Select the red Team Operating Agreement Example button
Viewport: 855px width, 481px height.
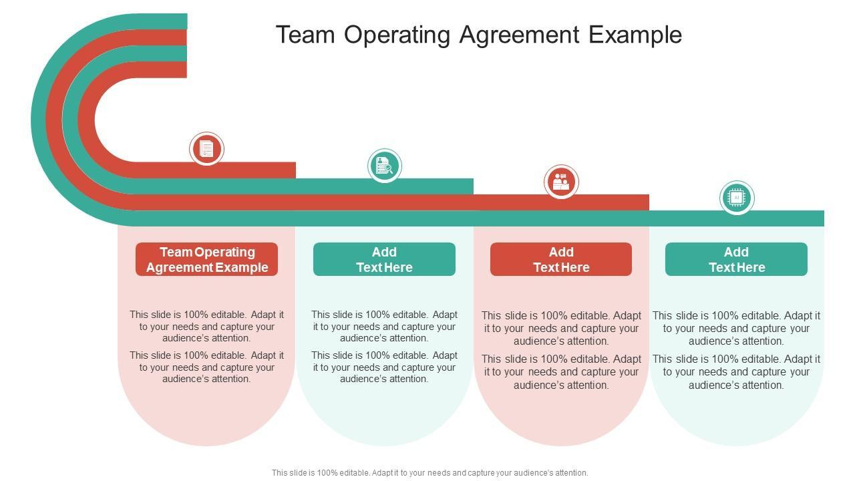coord(206,259)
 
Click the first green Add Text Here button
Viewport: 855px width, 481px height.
coord(384,259)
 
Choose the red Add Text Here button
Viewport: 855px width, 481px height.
coord(561,259)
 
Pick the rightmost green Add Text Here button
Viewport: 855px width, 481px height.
coord(736,259)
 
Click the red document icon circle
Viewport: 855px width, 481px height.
coord(206,149)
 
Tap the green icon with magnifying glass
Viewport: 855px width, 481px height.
coord(384,166)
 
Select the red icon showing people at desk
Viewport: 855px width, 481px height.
coord(560,182)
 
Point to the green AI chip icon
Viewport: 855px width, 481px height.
coord(736,198)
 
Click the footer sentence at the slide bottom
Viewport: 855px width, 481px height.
coord(430,472)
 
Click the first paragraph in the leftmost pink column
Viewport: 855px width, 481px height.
coord(206,326)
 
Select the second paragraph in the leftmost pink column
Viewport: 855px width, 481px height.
coord(206,367)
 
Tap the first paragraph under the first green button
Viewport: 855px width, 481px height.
coord(384,326)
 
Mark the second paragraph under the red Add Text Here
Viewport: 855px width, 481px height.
coord(561,371)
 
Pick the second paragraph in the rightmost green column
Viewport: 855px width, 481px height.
coord(736,371)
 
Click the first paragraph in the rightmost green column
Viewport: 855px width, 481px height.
coord(736,328)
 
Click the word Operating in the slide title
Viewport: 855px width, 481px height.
coord(401,35)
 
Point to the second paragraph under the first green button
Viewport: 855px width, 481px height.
coord(384,367)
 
